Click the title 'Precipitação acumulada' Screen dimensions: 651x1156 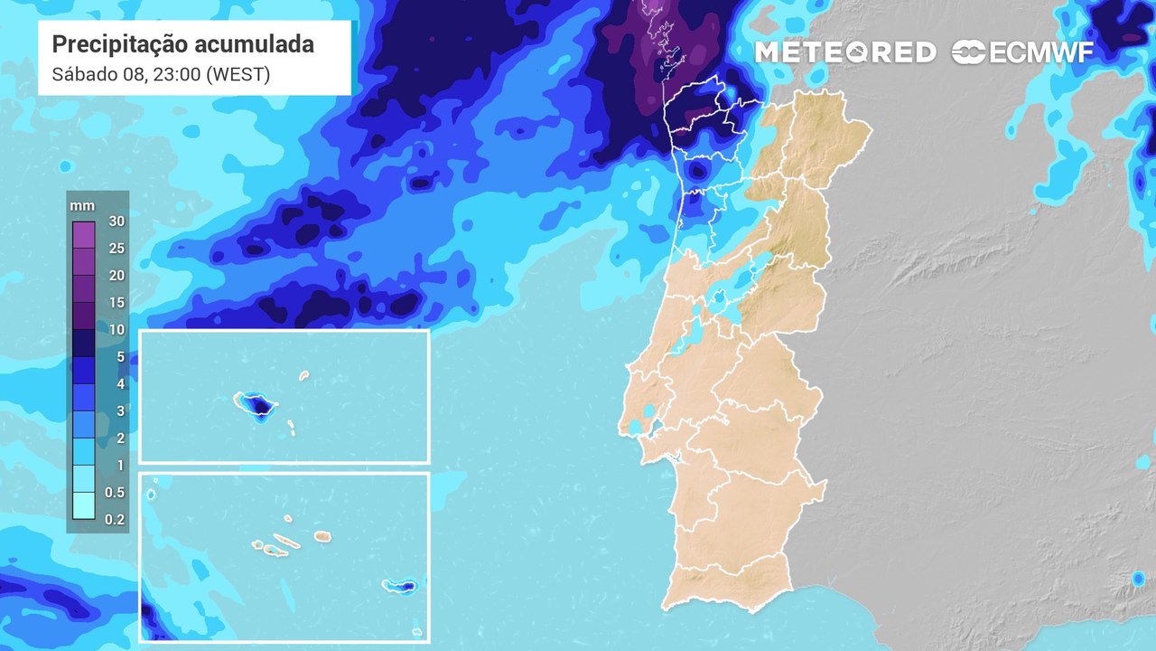coord(183,44)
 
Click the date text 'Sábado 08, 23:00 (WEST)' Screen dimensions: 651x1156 coord(162,75)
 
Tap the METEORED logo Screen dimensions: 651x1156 coord(844,52)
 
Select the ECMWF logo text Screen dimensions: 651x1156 coord(1022,52)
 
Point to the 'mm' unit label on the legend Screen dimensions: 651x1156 coord(82,206)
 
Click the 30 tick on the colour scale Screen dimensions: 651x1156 coord(116,221)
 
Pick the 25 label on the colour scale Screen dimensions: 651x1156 coord(116,248)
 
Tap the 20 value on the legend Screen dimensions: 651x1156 coord(116,275)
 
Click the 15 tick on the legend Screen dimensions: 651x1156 coord(116,302)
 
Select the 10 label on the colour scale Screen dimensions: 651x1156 coord(116,329)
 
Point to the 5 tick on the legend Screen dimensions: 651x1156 coord(119,356)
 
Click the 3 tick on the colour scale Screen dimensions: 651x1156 coord(119,410)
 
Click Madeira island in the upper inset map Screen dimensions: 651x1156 coord(256,404)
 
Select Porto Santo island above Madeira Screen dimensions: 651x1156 coord(303,374)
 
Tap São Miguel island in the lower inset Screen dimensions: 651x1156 coord(399,586)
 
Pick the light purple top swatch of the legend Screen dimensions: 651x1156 coord(84,234)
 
